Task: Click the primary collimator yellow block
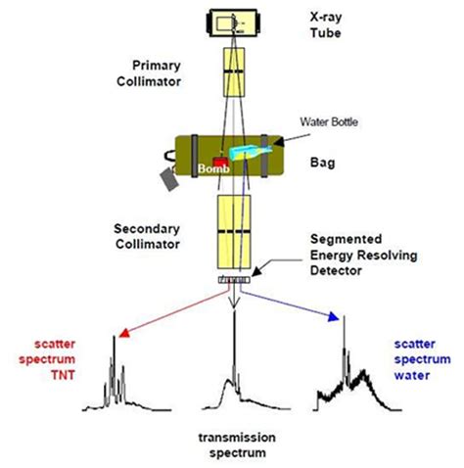[x=232, y=71]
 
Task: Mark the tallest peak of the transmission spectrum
[x=233, y=328]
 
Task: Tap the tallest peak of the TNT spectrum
[x=114, y=338]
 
